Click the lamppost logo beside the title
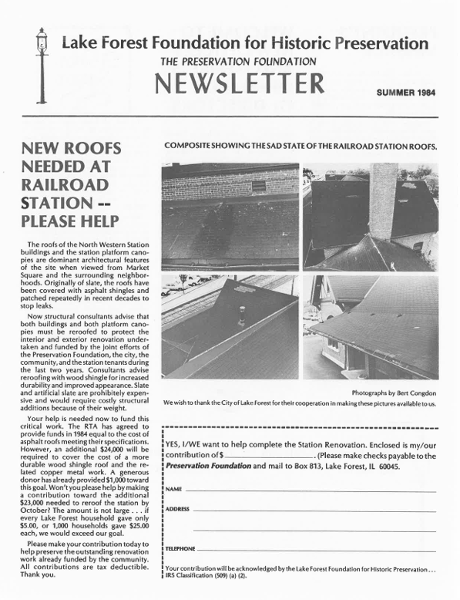click(x=40, y=66)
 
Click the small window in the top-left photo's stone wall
click(x=258, y=186)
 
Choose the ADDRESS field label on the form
click(x=177, y=510)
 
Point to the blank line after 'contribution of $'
click(x=264, y=457)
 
